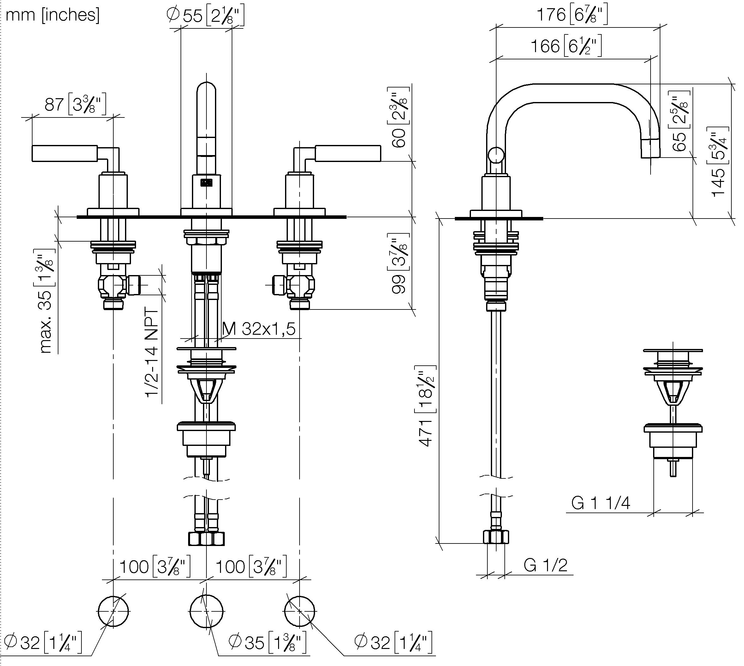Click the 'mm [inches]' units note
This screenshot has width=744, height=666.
click(52, 15)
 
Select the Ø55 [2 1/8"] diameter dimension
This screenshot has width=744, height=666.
click(205, 15)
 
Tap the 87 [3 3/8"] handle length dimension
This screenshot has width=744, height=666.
click(75, 104)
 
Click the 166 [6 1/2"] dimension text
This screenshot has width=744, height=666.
click(566, 46)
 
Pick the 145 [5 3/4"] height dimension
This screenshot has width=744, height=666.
click(719, 162)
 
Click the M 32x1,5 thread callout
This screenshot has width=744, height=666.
click(259, 329)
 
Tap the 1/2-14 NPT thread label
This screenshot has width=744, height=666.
click(152, 353)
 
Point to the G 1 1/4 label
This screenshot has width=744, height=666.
click(601, 503)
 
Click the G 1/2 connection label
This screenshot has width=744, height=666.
click(545, 565)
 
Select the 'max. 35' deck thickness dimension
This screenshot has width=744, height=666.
click(47, 301)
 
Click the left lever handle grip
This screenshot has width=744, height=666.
click(65, 153)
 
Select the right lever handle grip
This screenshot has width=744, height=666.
click(348, 153)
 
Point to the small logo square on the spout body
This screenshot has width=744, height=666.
click(207, 182)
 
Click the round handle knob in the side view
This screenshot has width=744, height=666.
click(496, 155)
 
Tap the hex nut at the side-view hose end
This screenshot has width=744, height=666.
click(496, 537)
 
